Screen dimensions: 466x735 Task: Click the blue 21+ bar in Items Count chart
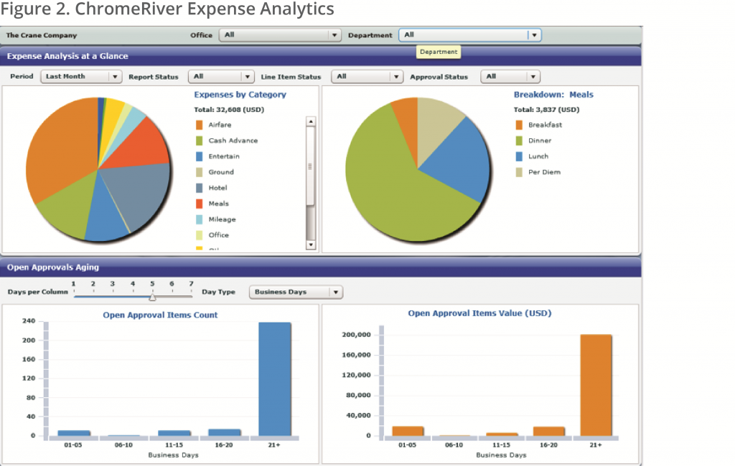276,378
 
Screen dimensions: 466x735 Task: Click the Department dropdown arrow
533,34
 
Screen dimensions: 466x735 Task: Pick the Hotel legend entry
218,188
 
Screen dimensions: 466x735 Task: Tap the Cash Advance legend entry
232,141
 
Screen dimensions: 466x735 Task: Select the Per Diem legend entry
543,172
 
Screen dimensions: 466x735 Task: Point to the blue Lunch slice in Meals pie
459,161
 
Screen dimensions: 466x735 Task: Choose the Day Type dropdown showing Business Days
296,292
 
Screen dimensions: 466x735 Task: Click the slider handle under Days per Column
152,297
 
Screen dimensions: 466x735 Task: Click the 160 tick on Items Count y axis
29,359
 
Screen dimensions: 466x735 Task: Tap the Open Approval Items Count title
160,315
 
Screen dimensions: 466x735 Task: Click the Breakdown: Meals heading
553,95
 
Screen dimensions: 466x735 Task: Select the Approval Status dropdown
510,77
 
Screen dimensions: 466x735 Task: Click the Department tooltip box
438,52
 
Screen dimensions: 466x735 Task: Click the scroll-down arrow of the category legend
311,244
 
